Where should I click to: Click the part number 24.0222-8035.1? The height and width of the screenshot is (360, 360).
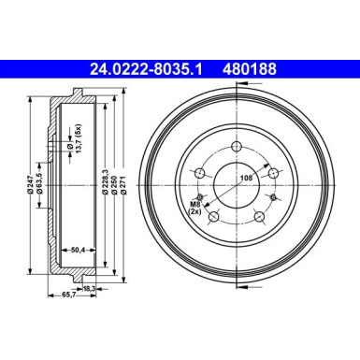pyautogui.click(x=150, y=67)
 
